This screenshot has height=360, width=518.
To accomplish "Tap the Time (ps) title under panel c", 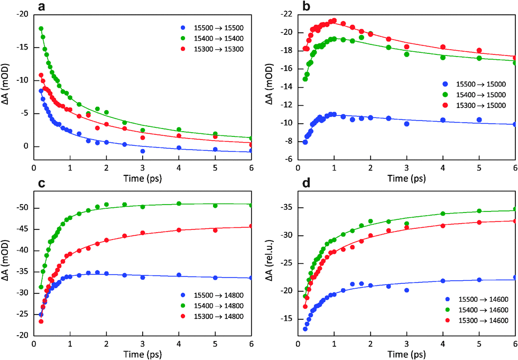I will point(142,353).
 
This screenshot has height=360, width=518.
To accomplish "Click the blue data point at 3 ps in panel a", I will point(143,151).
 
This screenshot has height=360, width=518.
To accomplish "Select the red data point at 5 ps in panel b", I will point(479,51).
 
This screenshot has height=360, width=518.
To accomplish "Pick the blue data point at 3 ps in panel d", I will point(406,290).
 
